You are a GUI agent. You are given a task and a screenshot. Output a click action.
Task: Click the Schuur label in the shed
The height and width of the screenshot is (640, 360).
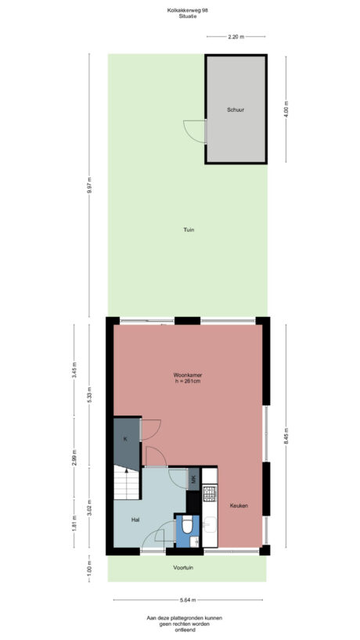(236, 110)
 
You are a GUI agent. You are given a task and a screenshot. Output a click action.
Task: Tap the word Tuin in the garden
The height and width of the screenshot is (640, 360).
(188, 229)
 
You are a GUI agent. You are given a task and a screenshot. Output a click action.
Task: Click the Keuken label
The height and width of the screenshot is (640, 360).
(239, 506)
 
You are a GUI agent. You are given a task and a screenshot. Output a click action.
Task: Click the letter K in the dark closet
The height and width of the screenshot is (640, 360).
(125, 439)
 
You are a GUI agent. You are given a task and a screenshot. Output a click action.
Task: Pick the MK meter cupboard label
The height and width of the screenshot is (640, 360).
(193, 479)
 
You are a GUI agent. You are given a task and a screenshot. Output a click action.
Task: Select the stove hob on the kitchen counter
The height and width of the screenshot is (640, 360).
(209, 493)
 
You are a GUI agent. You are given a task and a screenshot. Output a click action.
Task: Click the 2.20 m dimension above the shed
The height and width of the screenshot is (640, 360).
(236, 37)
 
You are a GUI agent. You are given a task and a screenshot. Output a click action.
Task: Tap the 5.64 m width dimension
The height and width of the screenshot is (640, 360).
(187, 600)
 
